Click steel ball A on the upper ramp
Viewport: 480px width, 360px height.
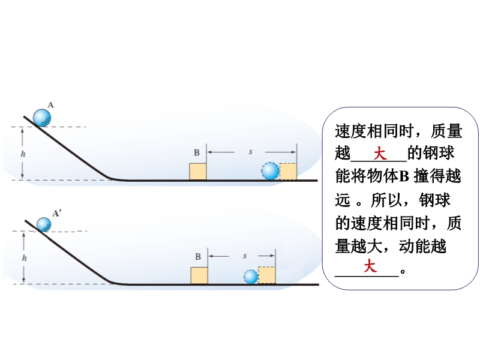click(x=42, y=117)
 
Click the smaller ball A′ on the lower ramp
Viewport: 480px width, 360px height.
click(x=44, y=224)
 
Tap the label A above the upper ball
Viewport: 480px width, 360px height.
click(x=51, y=105)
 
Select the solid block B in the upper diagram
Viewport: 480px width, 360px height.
click(x=198, y=171)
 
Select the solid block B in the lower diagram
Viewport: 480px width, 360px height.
click(x=199, y=275)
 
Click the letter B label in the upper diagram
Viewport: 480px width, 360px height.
click(x=196, y=153)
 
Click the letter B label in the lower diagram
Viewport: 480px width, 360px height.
click(x=197, y=257)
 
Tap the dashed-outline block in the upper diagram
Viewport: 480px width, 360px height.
click(x=289, y=172)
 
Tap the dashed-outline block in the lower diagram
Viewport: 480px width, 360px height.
click(x=267, y=275)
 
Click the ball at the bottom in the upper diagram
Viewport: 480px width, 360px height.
click(x=271, y=171)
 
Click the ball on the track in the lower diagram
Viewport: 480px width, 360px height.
click(x=251, y=277)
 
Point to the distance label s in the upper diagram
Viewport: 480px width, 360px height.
click(x=250, y=152)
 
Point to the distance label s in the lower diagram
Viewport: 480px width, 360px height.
click(x=245, y=256)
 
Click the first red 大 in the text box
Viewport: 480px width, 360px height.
click(x=380, y=154)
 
